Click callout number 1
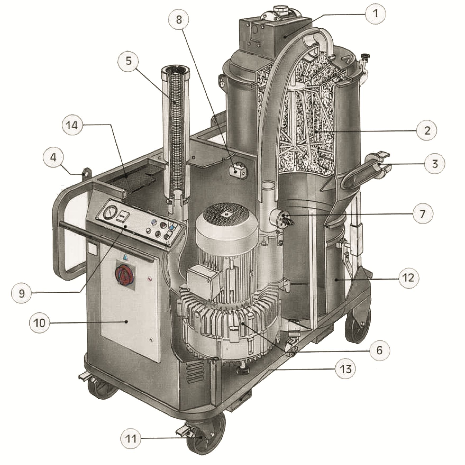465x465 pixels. [x=376, y=13]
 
